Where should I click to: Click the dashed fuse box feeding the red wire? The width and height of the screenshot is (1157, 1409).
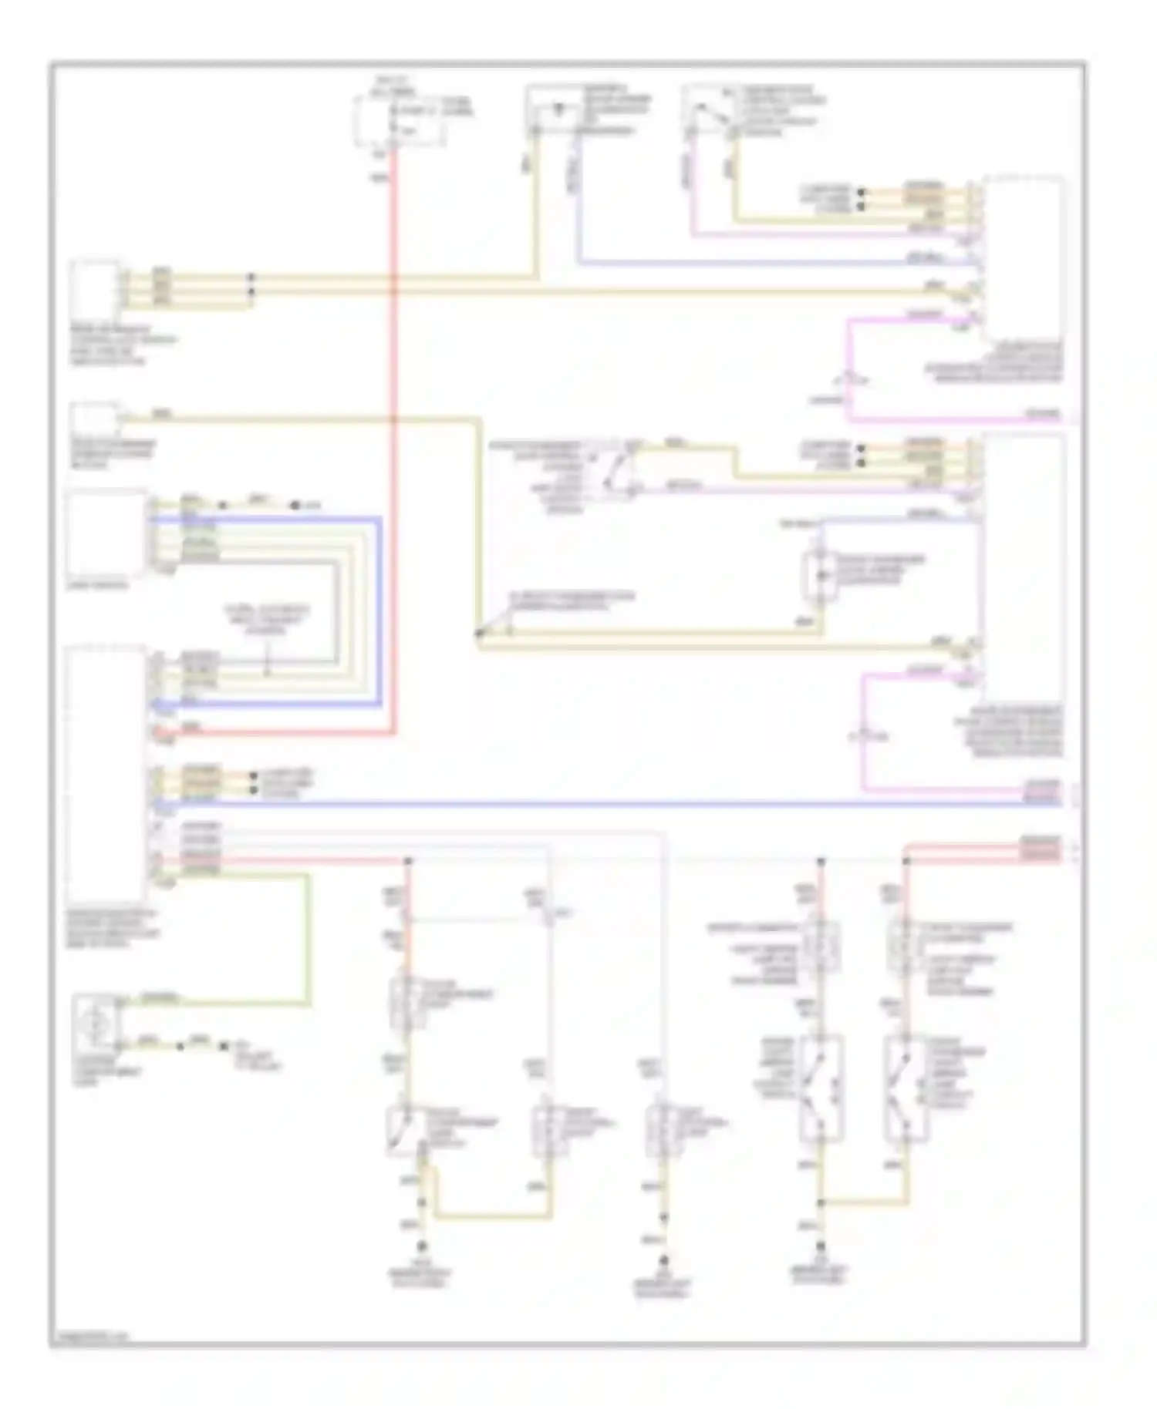click(398, 120)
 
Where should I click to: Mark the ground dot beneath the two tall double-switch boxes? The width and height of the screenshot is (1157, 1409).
click(821, 1246)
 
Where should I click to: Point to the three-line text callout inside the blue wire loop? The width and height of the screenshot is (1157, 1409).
click(266, 619)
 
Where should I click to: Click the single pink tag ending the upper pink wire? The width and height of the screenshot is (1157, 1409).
click(1041, 415)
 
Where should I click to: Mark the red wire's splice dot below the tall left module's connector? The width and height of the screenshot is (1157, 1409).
click(408, 860)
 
